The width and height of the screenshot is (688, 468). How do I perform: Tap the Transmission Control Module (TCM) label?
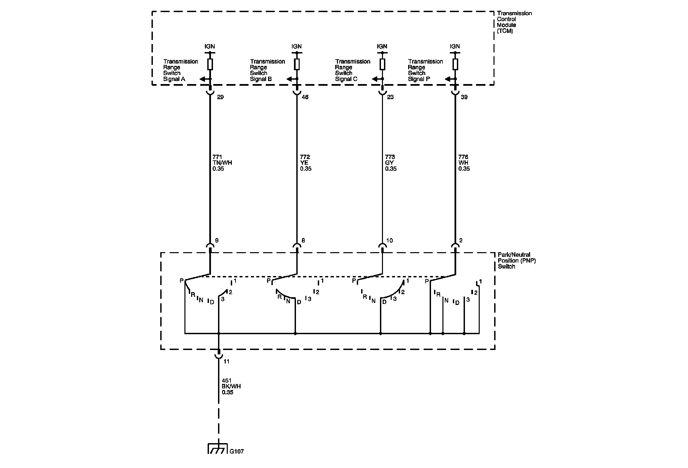(514, 22)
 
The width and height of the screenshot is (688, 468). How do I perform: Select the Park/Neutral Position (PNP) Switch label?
(516, 261)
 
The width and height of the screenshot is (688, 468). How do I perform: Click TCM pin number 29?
(220, 97)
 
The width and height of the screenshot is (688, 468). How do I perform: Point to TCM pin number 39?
(464, 97)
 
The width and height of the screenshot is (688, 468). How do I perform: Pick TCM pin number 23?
(390, 97)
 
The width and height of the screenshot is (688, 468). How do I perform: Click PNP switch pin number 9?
(217, 240)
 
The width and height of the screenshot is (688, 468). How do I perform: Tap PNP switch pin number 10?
(390, 240)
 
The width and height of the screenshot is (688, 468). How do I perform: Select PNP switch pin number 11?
(227, 361)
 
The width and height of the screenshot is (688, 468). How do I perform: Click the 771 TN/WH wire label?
(222, 163)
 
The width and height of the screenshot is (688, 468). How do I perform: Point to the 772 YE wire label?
(306, 163)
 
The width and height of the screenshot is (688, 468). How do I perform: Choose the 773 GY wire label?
(391, 163)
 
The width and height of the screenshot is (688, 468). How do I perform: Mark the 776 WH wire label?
(464, 163)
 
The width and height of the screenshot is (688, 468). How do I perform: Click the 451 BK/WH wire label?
(231, 386)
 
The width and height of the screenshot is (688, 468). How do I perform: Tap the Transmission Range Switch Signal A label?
(180, 70)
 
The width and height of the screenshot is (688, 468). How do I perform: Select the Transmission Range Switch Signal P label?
(425, 70)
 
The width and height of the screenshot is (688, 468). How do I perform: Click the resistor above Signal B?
(297, 64)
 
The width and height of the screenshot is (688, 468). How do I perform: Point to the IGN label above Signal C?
(382, 46)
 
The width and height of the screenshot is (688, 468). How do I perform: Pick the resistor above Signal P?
(455, 64)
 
